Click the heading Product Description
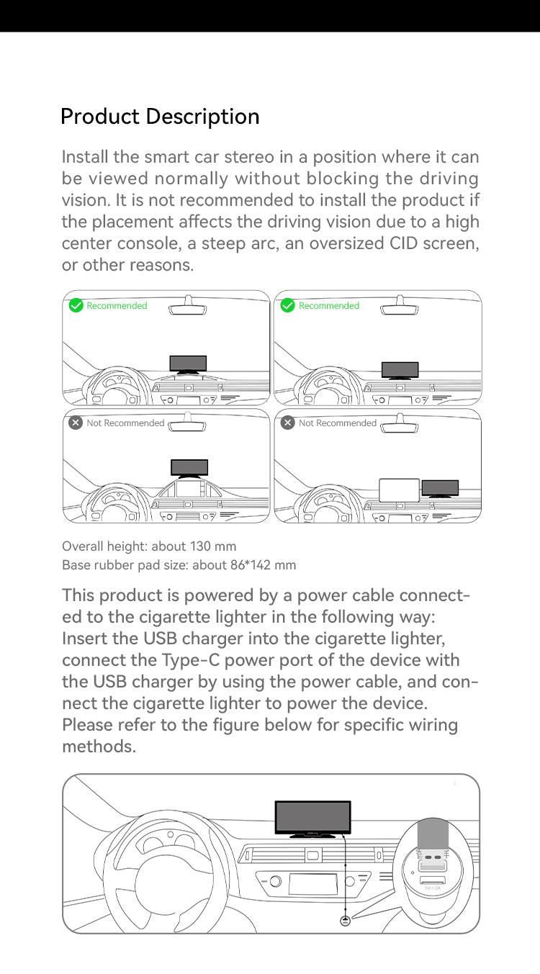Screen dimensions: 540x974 (x=160, y=117)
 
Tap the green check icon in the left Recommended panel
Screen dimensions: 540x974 (x=76, y=305)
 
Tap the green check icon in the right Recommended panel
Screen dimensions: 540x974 (x=288, y=305)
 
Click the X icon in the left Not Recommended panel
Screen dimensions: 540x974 (x=76, y=423)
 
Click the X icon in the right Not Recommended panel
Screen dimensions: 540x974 (x=288, y=423)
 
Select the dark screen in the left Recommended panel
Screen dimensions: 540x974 (x=188, y=364)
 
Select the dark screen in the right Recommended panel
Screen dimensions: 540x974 (x=400, y=369)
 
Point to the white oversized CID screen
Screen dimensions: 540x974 (x=399, y=490)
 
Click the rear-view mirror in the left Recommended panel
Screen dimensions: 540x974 (x=188, y=307)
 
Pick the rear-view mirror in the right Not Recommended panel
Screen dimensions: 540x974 (x=400, y=425)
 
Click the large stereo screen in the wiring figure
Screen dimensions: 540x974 (x=313, y=817)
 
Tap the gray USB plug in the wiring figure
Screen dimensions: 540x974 (x=432, y=835)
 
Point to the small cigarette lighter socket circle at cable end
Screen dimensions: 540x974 (x=345, y=921)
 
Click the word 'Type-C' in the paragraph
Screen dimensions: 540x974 (x=191, y=661)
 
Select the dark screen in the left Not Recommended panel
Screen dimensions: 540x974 (x=189, y=467)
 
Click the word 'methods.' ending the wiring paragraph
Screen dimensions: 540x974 (x=99, y=746)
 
